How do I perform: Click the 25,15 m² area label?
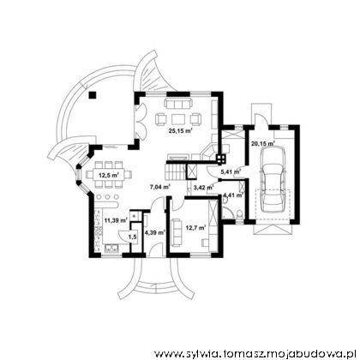tap(180, 131)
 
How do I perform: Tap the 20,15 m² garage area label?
tap(263, 143)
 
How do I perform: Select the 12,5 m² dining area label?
tap(109, 175)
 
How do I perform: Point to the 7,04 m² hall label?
tap(160, 187)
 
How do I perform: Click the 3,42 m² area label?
tap(204, 188)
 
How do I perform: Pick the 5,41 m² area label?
tap(231, 171)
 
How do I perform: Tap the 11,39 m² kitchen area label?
tap(116, 220)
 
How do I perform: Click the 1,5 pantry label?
tap(132, 237)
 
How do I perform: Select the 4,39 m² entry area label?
tap(155, 232)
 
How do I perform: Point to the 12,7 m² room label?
tap(196, 228)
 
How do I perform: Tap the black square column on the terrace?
tap(93, 95)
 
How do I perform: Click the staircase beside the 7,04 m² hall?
tap(175, 171)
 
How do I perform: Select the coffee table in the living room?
tap(179, 119)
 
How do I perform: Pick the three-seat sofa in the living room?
tap(177, 104)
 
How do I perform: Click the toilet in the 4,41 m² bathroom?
tap(240, 213)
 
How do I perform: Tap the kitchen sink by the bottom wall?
tap(112, 249)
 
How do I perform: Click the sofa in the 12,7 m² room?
tap(176, 232)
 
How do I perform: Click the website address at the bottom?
tap(255, 354)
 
